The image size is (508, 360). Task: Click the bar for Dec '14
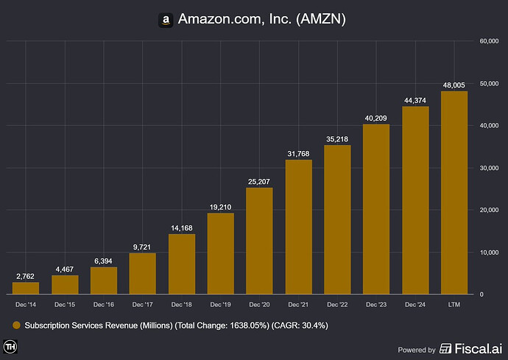[x=26, y=288]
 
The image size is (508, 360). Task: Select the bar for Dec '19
[x=220, y=253]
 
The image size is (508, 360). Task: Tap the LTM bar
[x=454, y=192]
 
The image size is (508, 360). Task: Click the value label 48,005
[x=454, y=85]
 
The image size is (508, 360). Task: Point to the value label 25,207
[x=259, y=181]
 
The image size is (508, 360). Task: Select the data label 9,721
[x=142, y=247]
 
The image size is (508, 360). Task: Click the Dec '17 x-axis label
[x=142, y=303]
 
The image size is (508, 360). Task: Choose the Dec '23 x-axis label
[x=376, y=303]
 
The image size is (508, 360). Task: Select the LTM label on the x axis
[x=454, y=303]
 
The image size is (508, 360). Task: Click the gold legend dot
[x=16, y=325]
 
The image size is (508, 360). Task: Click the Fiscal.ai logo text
[x=471, y=349]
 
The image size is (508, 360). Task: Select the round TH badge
[x=11, y=347]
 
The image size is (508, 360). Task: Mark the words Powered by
[x=416, y=350]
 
